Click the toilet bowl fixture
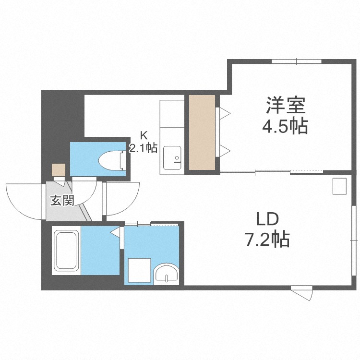[112, 159]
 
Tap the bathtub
[66, 251]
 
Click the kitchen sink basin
[172, 158]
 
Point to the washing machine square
[140, 270]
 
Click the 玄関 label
[62, 201]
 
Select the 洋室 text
[286, 106]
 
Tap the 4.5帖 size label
[285, 126]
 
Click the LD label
[267, 219]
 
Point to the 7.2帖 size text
[267, 239]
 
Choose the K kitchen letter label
[144, 135]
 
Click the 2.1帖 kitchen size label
[143, 148]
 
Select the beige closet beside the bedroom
[202, 132]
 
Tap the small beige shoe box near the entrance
[59, 170]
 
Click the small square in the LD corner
[339, 186]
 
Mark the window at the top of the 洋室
[297, 61]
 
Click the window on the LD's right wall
[354, 240]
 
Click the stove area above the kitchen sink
[172, 114]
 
